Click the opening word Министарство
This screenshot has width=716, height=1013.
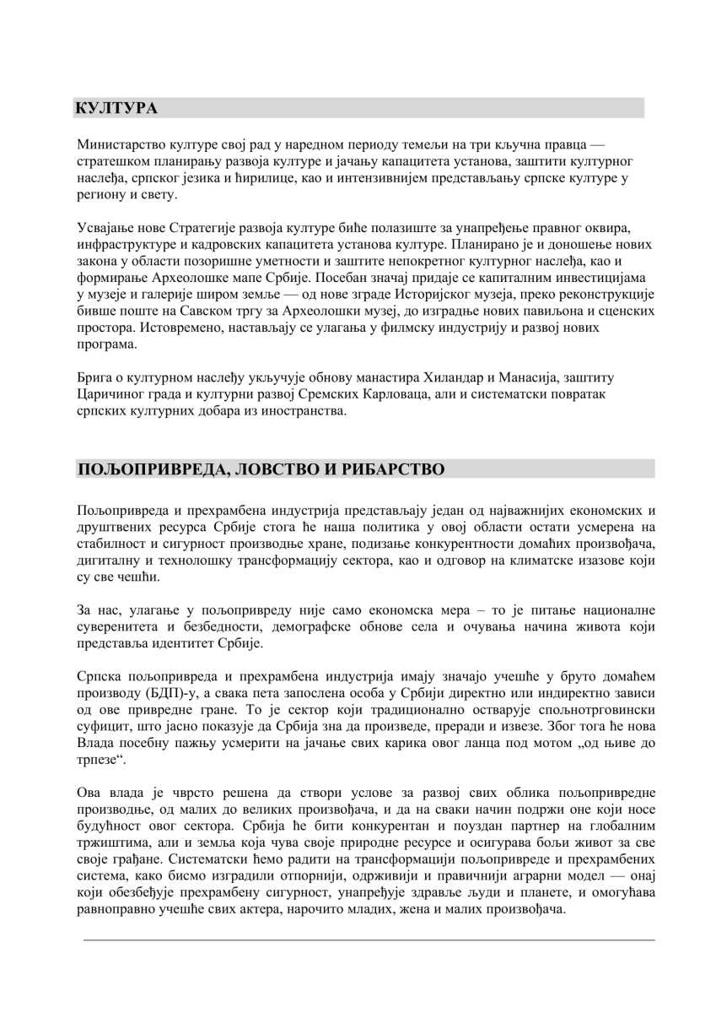coord(121,144)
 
